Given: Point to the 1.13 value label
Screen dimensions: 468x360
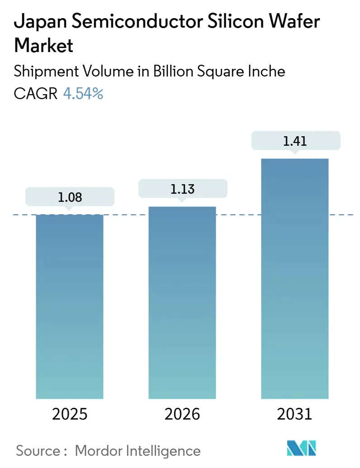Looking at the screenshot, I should (182, 189).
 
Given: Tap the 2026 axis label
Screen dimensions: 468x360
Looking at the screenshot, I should (182, 414).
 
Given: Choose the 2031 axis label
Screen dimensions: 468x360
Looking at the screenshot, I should (294, 414).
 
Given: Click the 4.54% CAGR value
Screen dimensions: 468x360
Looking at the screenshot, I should (83, 94).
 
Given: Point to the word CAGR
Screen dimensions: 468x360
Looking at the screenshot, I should (36, 94).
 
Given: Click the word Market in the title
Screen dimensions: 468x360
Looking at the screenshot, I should (43, 46).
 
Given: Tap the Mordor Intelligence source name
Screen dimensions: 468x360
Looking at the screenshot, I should (137, 450).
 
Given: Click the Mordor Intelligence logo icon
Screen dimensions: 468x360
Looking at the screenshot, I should (302, 449).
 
